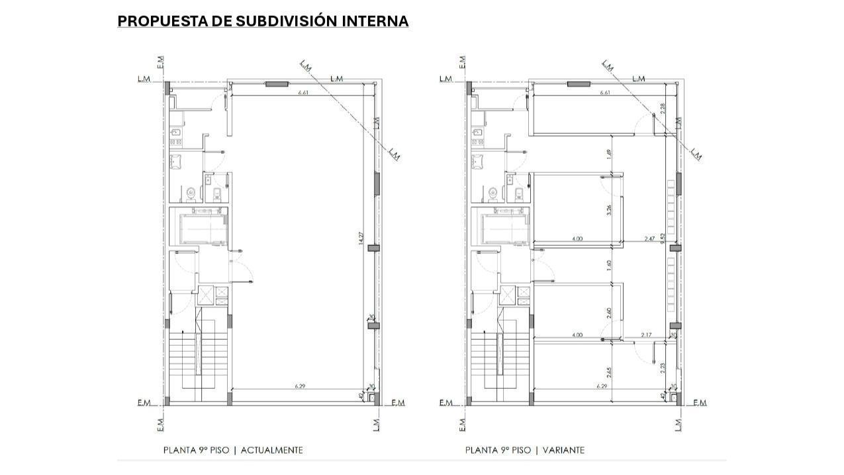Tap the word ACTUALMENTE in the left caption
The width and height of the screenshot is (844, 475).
(x=271, y=450)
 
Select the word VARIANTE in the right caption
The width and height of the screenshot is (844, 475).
(x=563, y=450)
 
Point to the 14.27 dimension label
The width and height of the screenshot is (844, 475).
(x=361, y=239)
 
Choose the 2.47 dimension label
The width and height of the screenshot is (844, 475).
(x=650, y=238)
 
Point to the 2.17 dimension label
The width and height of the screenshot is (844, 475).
(x=646, y=335)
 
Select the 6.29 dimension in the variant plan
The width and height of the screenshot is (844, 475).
(x=602, y=386)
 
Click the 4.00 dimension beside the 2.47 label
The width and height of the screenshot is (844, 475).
(x=577, y=238)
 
